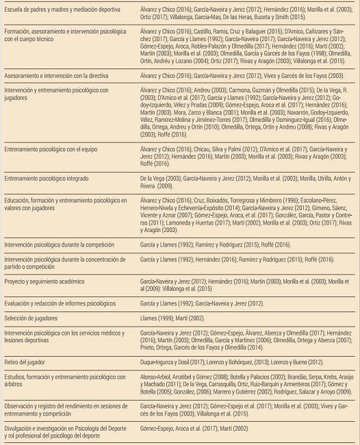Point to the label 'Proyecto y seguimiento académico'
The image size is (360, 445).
coord(45,281)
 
